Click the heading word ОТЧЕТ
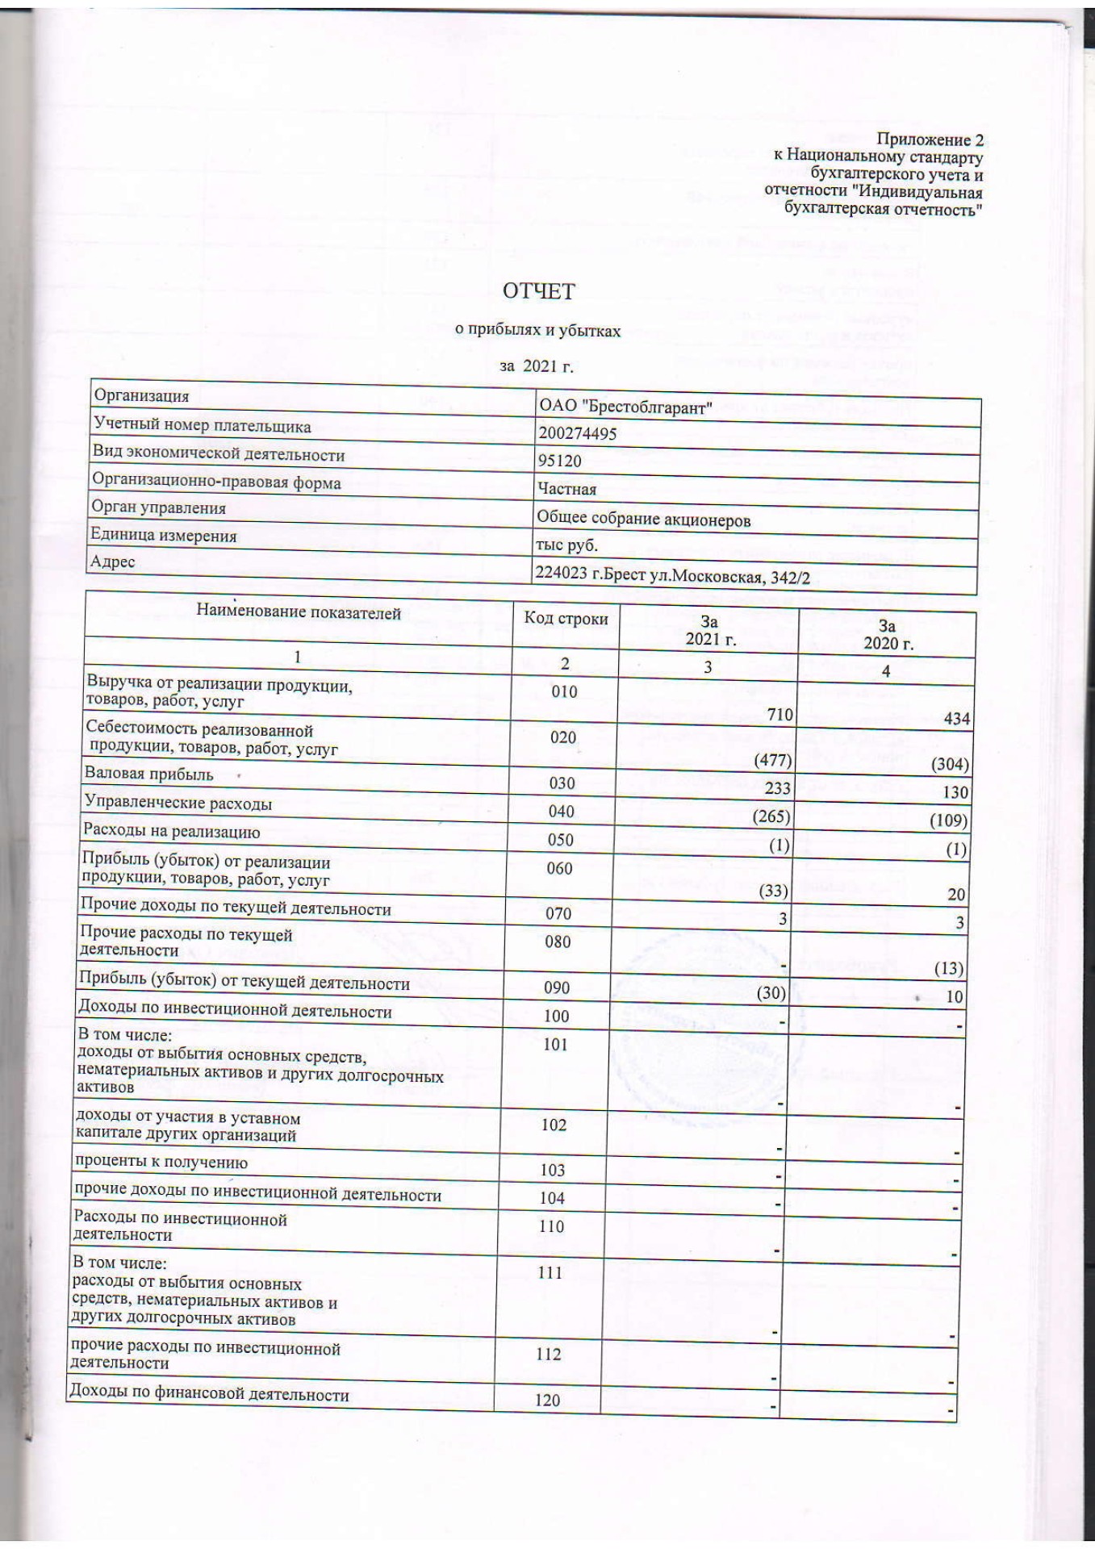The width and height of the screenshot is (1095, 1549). coord(538,290)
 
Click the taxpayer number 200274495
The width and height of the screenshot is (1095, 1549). coord(578,433)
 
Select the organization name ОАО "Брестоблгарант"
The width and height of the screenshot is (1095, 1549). coord(625,407)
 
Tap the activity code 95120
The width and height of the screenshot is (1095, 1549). coord(559,461)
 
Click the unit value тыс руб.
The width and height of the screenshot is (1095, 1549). coord(566,545)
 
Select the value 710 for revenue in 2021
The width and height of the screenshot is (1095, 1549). coord(780,714)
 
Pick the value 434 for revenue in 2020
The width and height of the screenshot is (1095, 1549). coord(956,718)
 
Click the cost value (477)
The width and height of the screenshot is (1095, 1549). coord(772,760)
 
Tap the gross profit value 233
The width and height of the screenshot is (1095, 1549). coord(778,787)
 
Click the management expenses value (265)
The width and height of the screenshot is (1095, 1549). coord(771,816)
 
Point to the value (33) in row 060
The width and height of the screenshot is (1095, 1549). coord(773,891)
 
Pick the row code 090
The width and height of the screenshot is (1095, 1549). coord(557,987)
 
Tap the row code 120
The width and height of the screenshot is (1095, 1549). coord(547,1400)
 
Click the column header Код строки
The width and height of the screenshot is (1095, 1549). coord(566,618)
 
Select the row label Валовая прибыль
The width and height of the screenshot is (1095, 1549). coord(149,774)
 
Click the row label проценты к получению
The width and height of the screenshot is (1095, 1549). coord(161,1163)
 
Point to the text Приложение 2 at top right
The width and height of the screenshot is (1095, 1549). coord(930,140)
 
